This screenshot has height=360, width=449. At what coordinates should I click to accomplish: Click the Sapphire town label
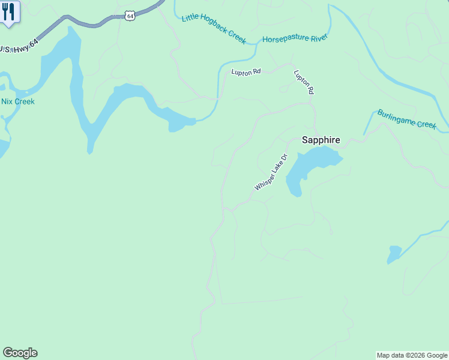[321, 140]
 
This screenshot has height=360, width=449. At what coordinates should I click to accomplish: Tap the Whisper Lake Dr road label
[271, 173]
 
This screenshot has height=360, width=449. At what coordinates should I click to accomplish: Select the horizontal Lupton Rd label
[246, 72]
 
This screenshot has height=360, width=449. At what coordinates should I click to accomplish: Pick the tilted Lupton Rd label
[304, 82]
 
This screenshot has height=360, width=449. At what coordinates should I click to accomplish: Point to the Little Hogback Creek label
[214, 28]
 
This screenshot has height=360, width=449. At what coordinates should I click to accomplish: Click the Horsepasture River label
[294, 39]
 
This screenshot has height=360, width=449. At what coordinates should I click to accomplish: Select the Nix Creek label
[18, 101]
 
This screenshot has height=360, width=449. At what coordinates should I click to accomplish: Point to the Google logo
[20, 353]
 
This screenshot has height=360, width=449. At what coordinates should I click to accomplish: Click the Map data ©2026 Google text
[412, 355]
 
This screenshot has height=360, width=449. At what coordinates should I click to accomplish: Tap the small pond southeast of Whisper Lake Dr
[394, 254]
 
